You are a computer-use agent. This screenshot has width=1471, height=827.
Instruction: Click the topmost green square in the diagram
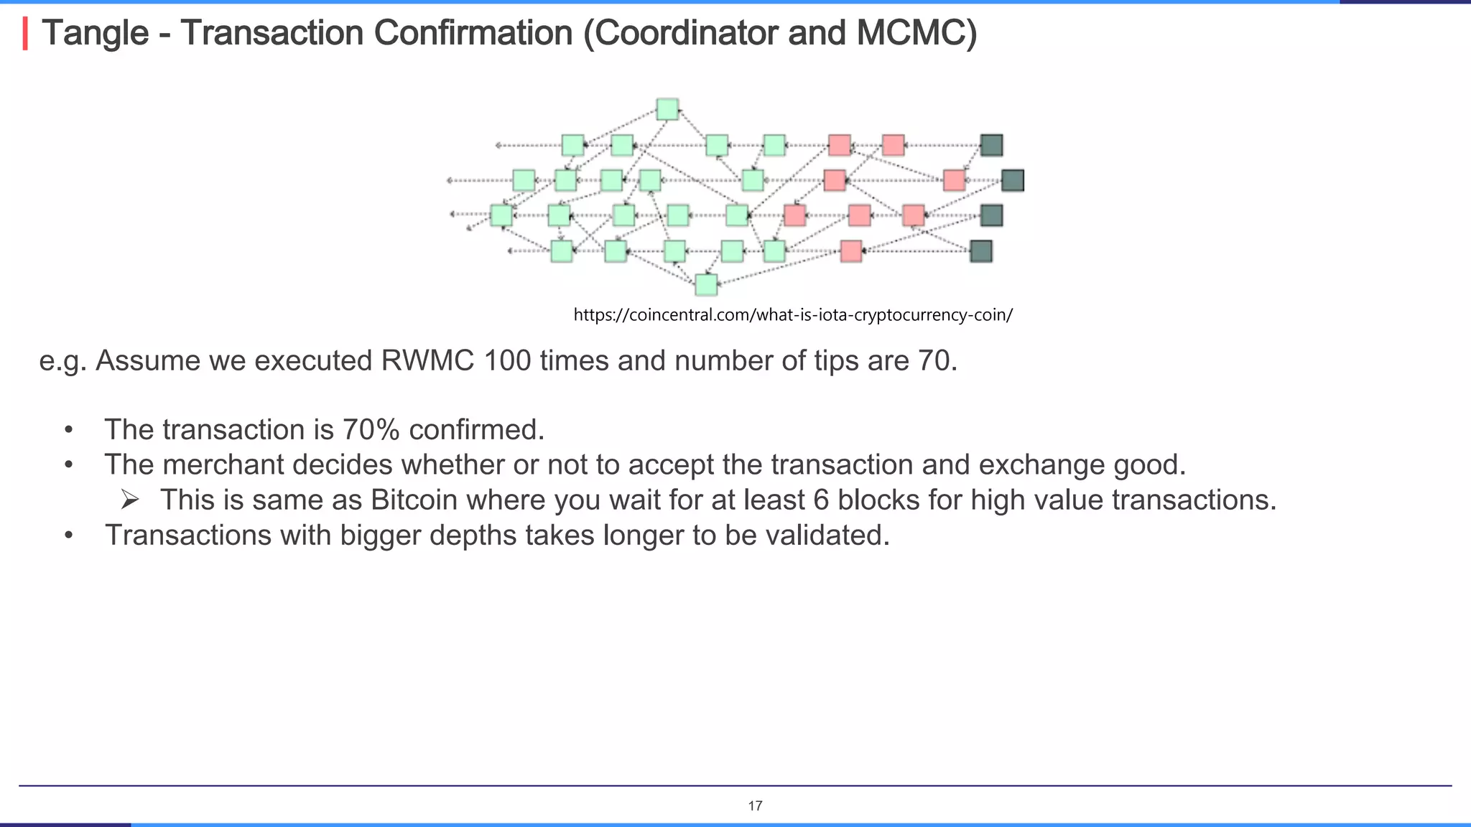click(x=667, y=109)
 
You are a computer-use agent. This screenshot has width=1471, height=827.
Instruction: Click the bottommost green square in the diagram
click(x=706, y=285)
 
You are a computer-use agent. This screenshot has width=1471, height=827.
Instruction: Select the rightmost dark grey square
click(x=1012, y=180)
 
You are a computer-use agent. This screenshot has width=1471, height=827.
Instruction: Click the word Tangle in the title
click(x=96, y=33)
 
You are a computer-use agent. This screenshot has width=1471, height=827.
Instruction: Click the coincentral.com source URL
click(x=793, y=314)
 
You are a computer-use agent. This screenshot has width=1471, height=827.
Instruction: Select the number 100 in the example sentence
click(x=507, y=360)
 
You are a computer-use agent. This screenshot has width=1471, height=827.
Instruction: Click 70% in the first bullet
click(x=371, y=429)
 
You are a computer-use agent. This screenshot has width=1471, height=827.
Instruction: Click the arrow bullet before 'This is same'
click(x=129, y=500)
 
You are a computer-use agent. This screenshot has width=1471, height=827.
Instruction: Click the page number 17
click(x=755, y=805)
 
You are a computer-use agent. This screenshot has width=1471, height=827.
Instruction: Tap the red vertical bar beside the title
click(x=25, y=34)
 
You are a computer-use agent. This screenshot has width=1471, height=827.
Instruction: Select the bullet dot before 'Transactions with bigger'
click(x=68, y=536)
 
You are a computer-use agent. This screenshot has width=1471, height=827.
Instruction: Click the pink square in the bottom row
click(x=851, y=251)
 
